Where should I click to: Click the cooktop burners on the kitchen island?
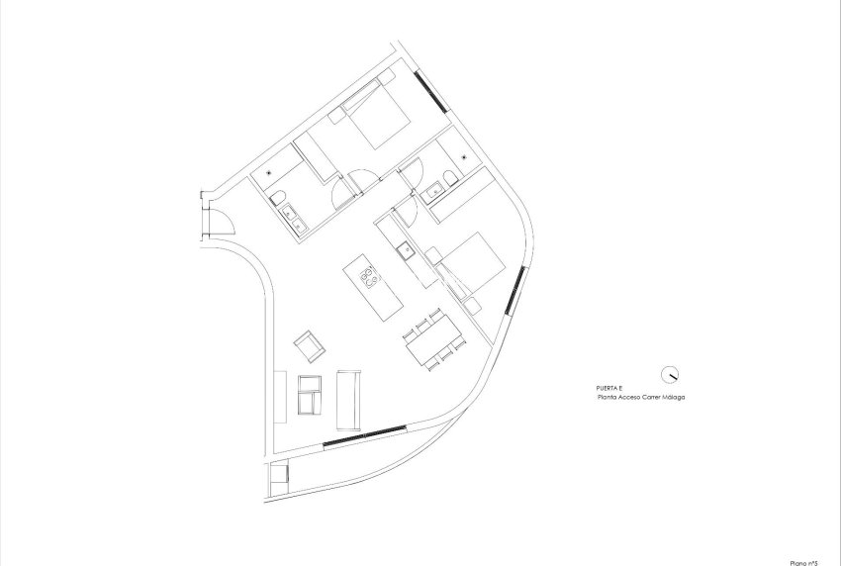(368, 276)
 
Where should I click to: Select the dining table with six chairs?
(432, 341)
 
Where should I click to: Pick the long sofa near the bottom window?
(349, 395)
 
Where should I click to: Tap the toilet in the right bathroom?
(451, 177)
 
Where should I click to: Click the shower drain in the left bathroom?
(269, 172)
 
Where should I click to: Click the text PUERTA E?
(611, 388)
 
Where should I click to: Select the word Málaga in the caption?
(671, 397)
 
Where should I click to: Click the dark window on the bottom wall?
(363, 436)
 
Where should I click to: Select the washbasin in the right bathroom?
(434, 192)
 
